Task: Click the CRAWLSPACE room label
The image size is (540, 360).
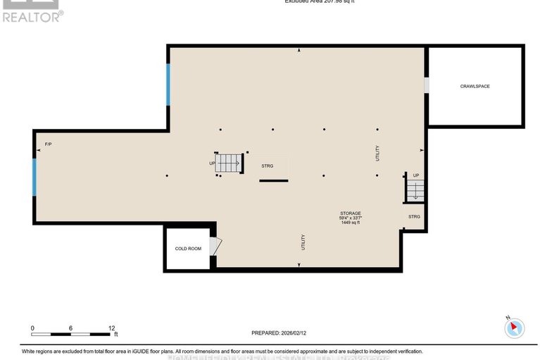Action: [475, 86]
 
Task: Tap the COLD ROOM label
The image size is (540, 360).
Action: [188, 249]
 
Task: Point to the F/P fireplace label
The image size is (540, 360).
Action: [49, 144]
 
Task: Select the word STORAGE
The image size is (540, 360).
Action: [350, 213]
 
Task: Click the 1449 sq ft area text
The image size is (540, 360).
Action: [350, 223]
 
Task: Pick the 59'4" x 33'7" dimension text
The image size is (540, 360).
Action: [350, 218]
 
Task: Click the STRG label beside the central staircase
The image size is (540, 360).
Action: [267, 166]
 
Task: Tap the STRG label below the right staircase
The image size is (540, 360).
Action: [414, 216]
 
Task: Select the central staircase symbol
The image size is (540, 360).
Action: [228, 163]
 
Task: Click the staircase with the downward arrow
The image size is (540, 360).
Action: [415, 189]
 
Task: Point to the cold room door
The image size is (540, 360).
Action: [216, 246]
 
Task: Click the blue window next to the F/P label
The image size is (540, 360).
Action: [34, 177]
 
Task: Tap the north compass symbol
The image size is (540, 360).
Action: [515, 328]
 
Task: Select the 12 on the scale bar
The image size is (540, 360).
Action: [111, 328]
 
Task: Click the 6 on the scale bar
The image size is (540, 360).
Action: [71, 328]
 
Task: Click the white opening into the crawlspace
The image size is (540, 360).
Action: [426, 85]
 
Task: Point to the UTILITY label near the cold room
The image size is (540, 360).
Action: [303, 242]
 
